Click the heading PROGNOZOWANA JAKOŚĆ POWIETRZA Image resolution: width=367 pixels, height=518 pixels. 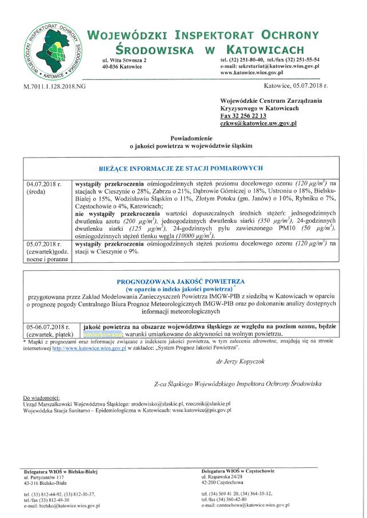pyautogui.click(x=181, y=282)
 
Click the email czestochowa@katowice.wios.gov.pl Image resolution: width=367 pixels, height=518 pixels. pyautogui.click(x=246, y=505)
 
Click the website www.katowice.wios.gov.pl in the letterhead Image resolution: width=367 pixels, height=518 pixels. pyautogui.click(x=252, y=73)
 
